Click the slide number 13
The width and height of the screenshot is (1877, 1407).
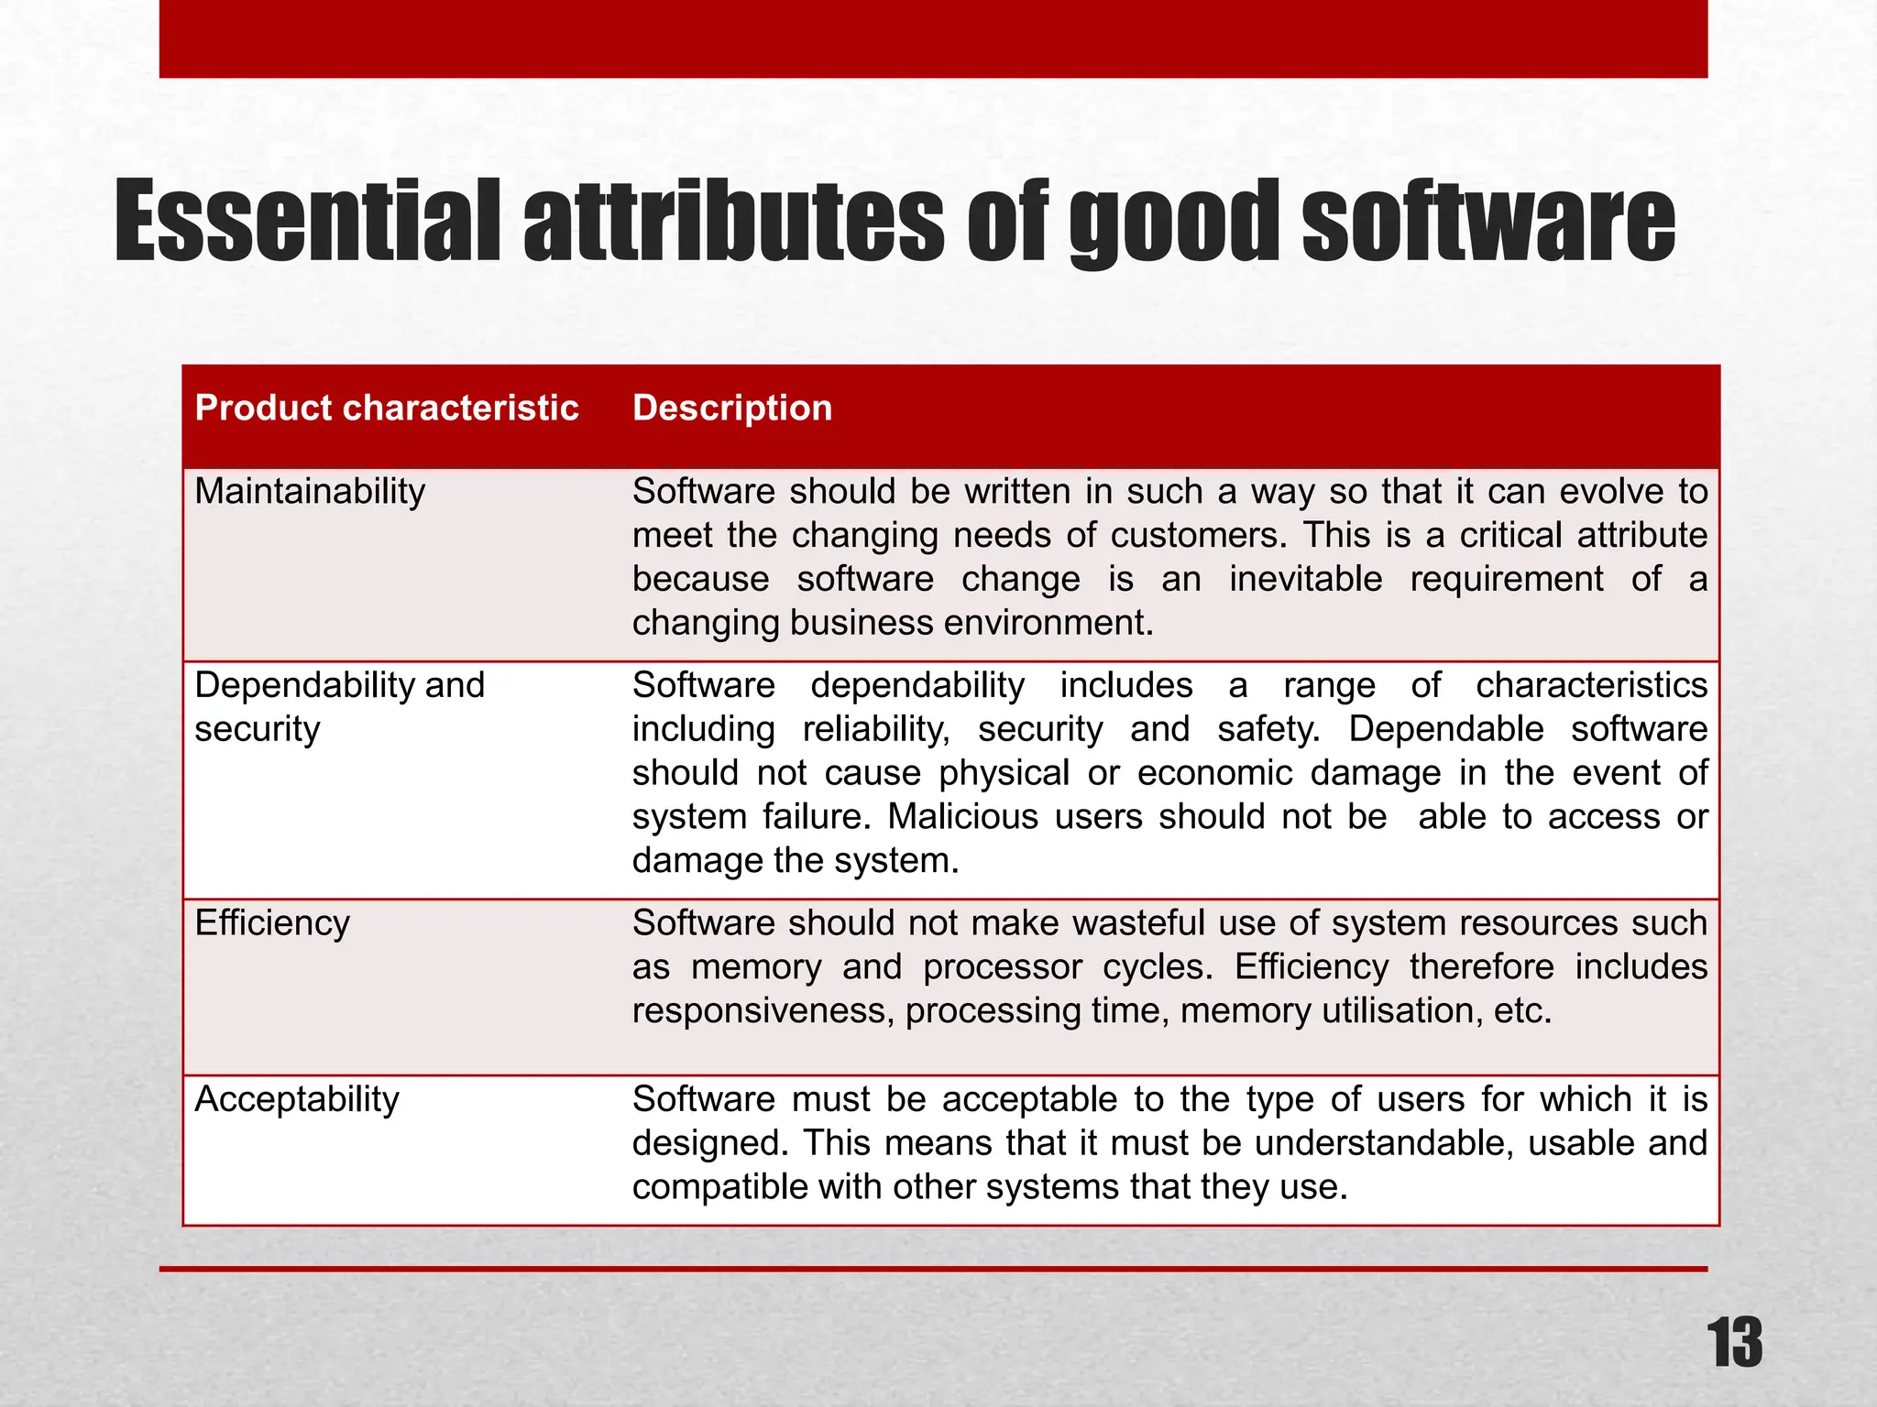coord(1735,1343)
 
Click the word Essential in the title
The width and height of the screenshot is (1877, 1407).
coord(307,221)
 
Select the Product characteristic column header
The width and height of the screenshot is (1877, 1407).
coord(387,408)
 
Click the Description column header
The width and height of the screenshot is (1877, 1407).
coord(732,408)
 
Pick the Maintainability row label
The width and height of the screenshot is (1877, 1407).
coord(310,492)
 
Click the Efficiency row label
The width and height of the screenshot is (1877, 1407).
coord(272,923)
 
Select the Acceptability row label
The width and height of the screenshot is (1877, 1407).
coord(297,1099)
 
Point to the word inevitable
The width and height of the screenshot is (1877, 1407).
coord(1305,580)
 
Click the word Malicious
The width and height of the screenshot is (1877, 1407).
coord(962,817)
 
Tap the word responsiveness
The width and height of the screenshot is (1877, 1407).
coord(760,1011)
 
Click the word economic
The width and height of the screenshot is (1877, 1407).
coord(1214,773)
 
